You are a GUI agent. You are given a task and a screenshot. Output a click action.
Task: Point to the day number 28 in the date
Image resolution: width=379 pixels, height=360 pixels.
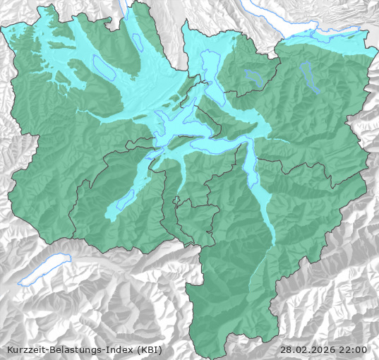coord(286,349)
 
